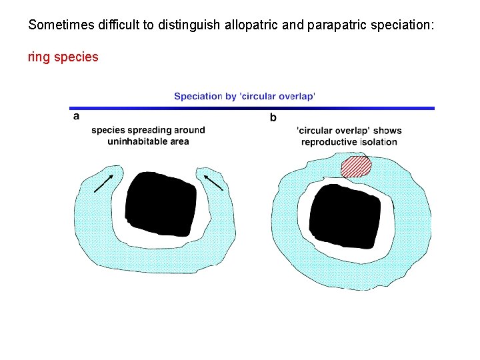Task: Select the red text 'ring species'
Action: [x=63, y=57]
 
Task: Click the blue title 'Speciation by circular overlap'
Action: [x=245, y=96]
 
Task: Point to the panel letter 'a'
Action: [x=76, y=116]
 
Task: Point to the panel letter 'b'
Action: [x=273, y=118]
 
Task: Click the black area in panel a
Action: [x=161, y=203]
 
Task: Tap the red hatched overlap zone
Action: [x=355, y=167]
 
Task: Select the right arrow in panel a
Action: [x=213, y=182]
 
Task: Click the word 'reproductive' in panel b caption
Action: [x=329, y=141]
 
